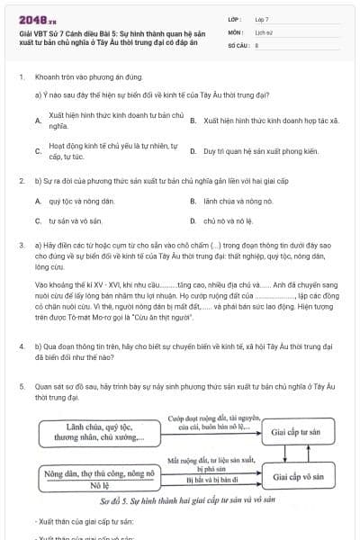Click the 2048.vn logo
pyautogui.click(x=37, y=19)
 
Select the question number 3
pyautogui.click(x=21, y=244)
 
